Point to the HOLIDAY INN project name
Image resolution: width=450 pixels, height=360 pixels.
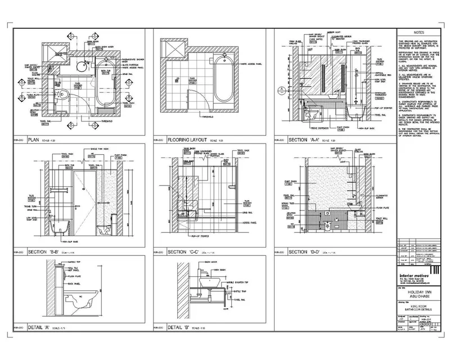coord(415,293)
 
